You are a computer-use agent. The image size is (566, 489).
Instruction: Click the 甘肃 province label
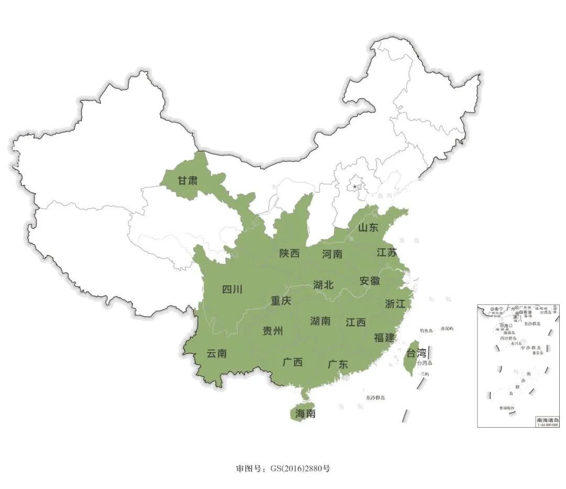[x=187, y=181]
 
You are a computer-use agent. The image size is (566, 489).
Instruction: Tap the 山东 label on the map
[x=368, y=227]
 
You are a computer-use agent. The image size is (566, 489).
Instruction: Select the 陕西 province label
[x=289, y=254]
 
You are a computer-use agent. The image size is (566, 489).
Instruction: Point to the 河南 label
[x=332, y=254]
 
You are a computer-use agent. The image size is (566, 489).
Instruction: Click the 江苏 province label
[x=387, y=252]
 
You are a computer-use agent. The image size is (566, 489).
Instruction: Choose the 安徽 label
[x=369, y=280]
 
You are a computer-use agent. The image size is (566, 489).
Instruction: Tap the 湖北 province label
[x=323, y=285]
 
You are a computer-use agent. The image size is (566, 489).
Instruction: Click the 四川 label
[x=232, y=289]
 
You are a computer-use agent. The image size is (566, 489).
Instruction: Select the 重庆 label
[x=281, y=301]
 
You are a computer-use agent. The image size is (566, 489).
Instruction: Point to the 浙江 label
[x=395, y=303]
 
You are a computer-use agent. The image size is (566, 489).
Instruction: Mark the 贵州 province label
[x=273, y=331]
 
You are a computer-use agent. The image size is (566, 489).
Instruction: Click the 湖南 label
[x=320, y=321]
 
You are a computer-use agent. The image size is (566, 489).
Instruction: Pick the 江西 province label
[x=356, y=322]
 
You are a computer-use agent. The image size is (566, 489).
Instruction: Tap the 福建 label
[x=384, y=338]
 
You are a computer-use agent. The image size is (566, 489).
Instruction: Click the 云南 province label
[x=216, y=354]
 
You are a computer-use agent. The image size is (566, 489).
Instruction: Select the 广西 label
[x=292, y=362]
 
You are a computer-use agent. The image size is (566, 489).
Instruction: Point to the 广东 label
[x=338, y=364]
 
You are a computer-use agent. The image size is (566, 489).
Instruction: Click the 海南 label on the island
[x=305, y=414]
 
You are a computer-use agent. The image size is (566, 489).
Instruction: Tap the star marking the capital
[x=355, y=187]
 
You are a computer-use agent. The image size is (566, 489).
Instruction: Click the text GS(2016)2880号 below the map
[x=300, y=468]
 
